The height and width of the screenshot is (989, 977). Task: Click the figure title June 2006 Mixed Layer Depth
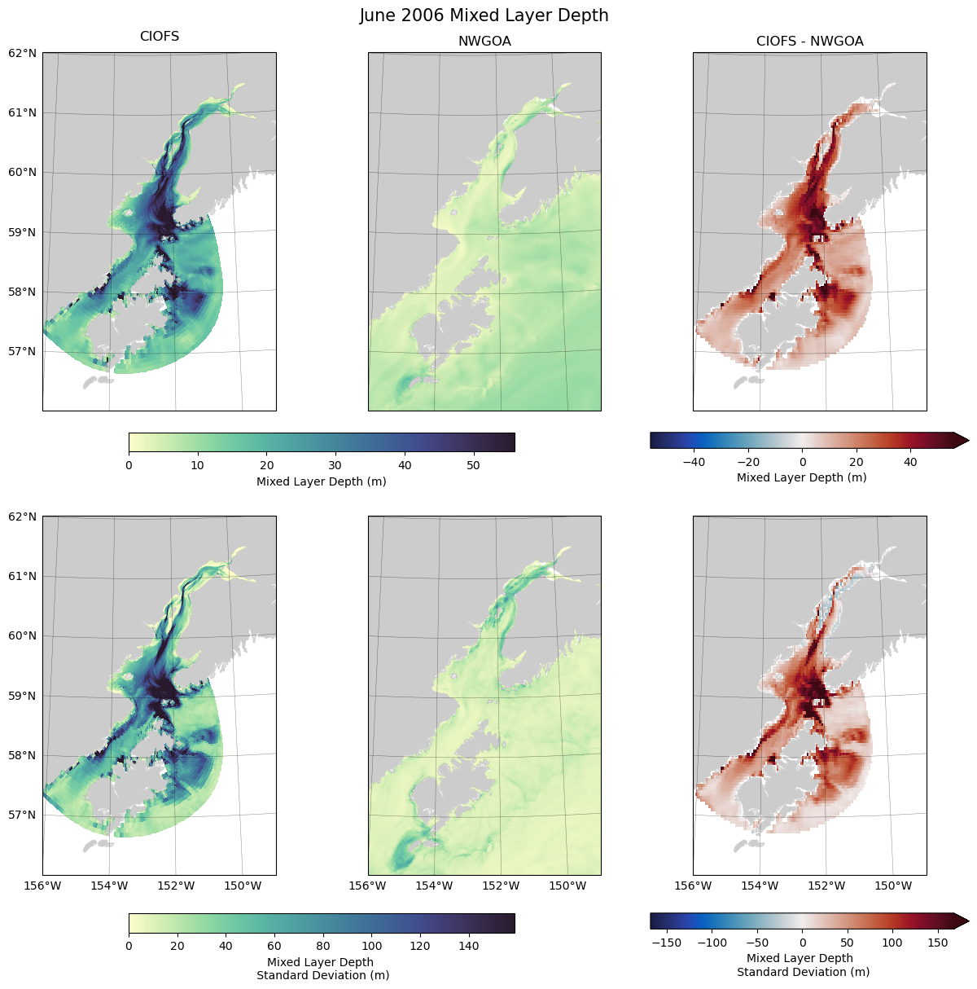click(x=484, y=15)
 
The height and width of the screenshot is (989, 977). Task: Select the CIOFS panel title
click(x=160, y=37)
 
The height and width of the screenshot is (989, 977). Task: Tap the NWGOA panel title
click(x=484, y=42)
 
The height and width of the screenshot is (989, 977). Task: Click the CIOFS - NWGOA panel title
click(x=809, y=42)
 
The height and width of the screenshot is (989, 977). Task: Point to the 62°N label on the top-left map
click(x=23, y=53)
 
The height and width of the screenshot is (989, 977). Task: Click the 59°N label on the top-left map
click(x=23, y=232)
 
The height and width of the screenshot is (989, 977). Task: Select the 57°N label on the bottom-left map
click(x=23, y=815)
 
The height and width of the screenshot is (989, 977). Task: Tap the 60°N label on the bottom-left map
click(x=23, y=636)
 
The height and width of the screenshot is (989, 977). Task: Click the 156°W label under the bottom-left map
click(x=43, y=886)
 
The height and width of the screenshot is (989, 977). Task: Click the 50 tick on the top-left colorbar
click(x=473, y=466)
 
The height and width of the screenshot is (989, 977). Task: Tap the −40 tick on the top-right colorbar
click(x=694, y=462)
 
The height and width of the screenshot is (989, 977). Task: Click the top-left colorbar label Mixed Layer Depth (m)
click(x=322, y=481)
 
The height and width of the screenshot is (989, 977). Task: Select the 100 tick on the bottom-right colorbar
click(x=892, y=943)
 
